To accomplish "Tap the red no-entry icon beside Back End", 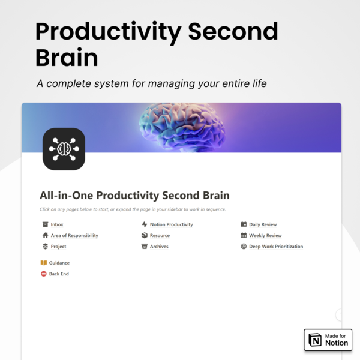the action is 44,274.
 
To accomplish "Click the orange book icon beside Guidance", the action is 44,263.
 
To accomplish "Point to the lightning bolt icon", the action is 145,224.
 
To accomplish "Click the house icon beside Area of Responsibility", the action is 45,235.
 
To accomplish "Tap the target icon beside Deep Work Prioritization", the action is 244,247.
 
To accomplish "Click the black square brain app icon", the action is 64,149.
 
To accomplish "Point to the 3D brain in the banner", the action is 182,127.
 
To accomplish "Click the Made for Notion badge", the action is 328,340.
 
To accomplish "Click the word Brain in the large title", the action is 67,58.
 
